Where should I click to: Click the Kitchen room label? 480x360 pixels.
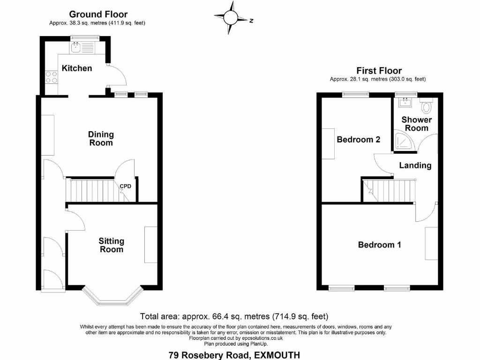tap(77, 68)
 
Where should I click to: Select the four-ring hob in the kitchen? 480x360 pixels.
tap(52, 76)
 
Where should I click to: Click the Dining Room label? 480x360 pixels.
tap(101, 138)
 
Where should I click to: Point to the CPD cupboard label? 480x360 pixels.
tap(125, 186)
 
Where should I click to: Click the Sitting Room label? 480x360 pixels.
tap(112, 245)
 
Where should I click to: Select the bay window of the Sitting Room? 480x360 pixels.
tap(112, 297)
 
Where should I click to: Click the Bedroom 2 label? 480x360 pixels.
tap(358, 140)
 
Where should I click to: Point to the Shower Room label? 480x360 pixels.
tap(416, 124)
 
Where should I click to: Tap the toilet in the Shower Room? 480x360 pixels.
tap(427, 107)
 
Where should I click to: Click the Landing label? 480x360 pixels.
tap(415, 165)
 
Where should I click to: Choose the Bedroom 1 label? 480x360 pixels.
tap(379, 245)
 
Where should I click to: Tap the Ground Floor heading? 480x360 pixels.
tap(98, 15)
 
